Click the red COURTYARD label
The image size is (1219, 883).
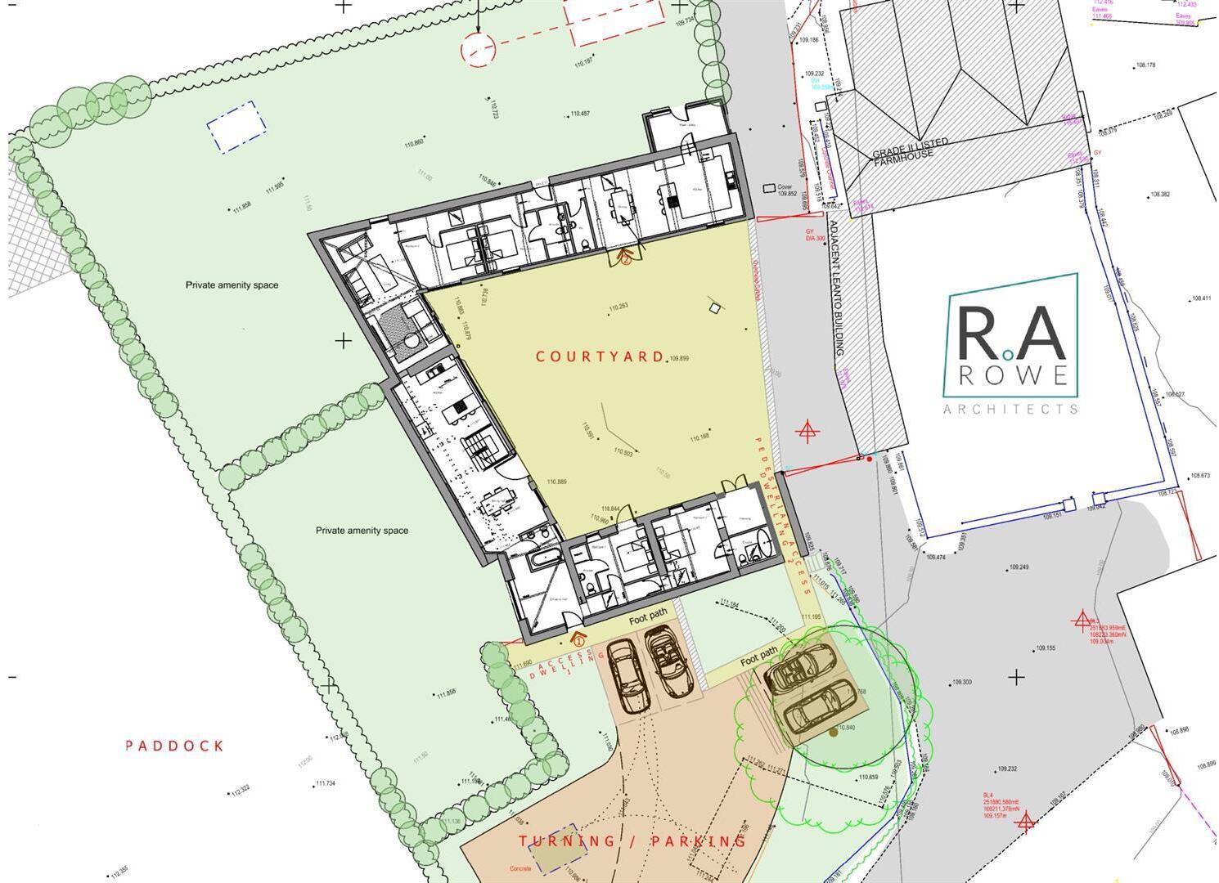coord(599,356)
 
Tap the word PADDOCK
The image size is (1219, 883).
coord(174,746)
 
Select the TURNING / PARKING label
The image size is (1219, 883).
coord(632,841)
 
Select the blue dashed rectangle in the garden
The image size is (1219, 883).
coord(236,127)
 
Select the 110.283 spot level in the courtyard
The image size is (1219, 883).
coord(618,307)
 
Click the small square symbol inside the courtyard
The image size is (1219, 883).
coord(716,307)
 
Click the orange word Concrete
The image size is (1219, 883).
coord(520,868)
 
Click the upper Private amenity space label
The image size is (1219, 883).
coord(232,285)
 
